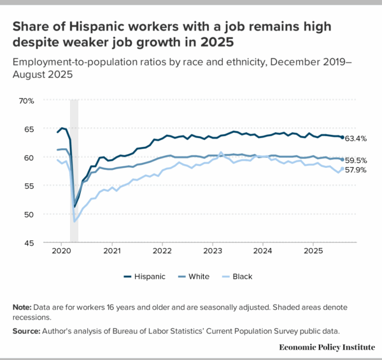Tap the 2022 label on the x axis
[x=162, y=251]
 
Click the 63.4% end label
[x=357, y=138]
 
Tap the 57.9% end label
[x=357, y=170]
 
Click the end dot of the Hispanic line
[x=343, y=137]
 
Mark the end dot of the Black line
[x=343, y=169]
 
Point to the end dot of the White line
[x=343, y=160]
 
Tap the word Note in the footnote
[x=21, y=308]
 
